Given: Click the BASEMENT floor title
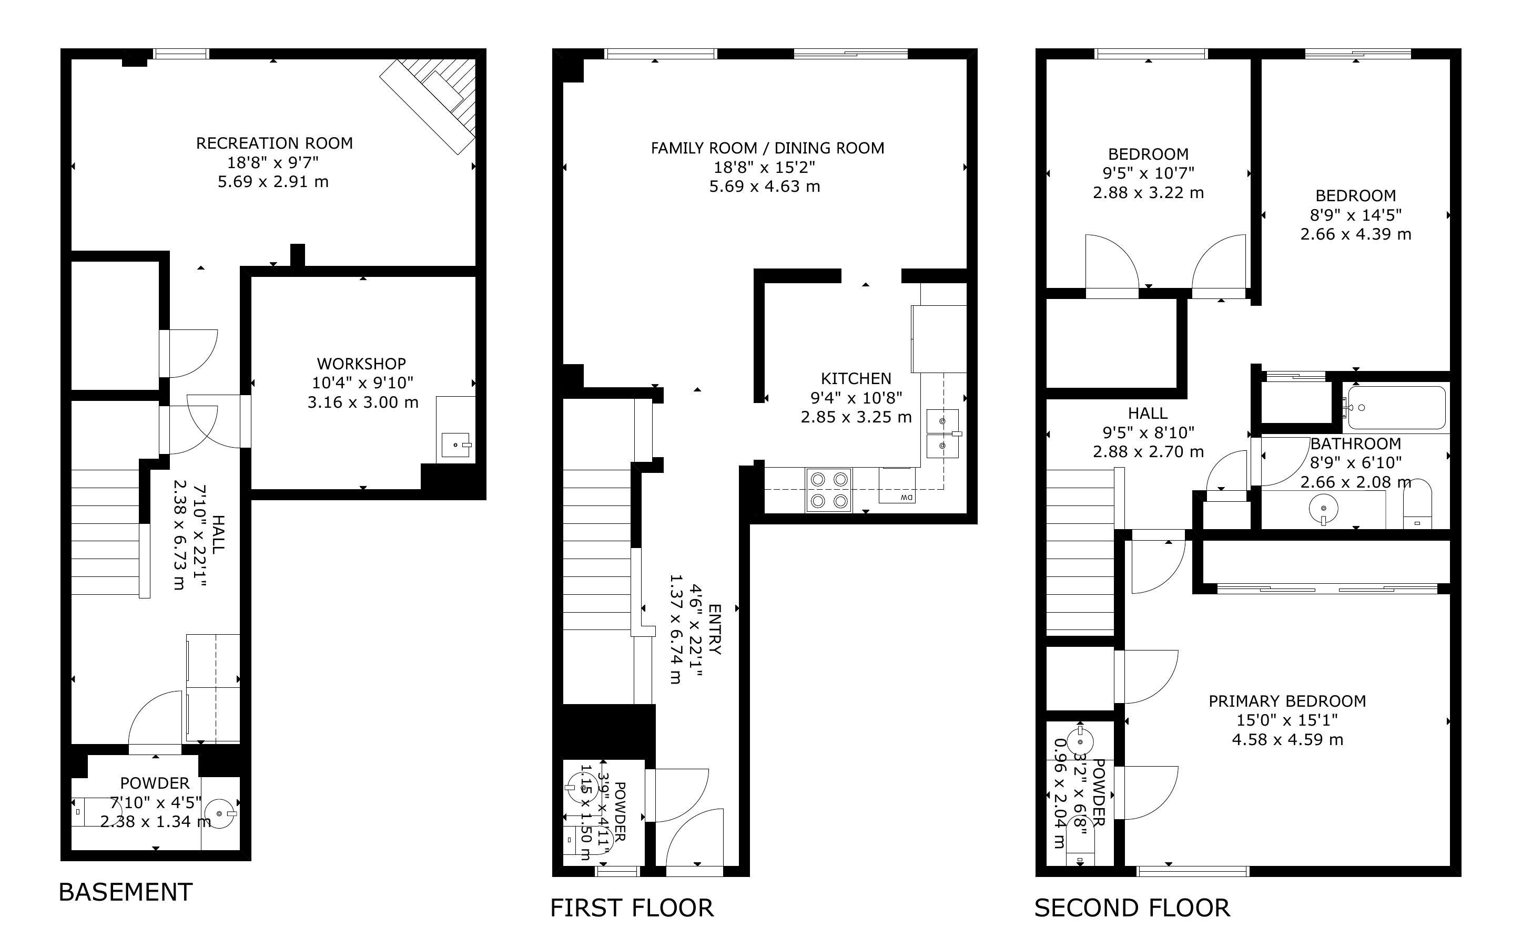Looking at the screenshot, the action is (125, 892).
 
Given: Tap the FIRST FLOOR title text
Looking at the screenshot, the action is (632, 908).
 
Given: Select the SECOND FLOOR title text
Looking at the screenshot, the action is (1132, 908).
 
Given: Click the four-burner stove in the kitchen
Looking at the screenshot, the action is (829, 490).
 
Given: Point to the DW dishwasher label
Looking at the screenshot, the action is (906, 498).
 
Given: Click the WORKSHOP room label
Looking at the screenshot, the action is (361, 363).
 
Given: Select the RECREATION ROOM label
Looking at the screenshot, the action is (274, 143).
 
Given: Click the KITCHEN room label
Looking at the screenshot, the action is (856, 378).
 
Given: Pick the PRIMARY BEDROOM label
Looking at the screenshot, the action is (1287, 700).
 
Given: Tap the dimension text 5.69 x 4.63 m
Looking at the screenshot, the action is (765, 187).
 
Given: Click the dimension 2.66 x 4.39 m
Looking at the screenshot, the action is (1355, 234).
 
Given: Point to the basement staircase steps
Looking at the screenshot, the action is (105, 532).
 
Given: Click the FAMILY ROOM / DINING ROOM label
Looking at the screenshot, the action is (767, 148).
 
